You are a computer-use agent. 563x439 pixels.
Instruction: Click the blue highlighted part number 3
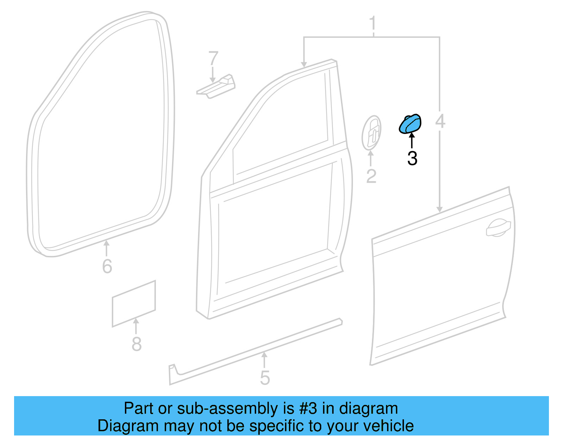pyautogui.click(x=410, y=124)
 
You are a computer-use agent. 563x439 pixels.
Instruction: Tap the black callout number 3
pyautogui.click(x=412, y=159)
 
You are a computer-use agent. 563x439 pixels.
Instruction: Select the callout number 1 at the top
pyautogui.click(x=373, y=24)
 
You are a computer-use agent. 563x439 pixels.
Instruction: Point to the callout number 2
pyautogui.click(x=371, y=176)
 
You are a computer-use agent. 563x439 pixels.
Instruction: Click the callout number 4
pyautogui.click(x=440, y=121)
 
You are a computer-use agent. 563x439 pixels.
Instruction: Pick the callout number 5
pyautogui.click(x=265, y=378)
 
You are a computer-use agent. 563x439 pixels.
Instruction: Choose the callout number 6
pyautogui.click(x=107, y=266)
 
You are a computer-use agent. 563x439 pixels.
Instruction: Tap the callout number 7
pyautogui.click(x=213, y=58)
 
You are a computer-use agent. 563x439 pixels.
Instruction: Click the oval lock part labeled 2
pyautogui.click(x=372, y=133)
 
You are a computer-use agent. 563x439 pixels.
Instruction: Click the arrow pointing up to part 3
pyautogui.click(x=411, y=140)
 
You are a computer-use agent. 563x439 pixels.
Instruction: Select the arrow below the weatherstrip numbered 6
pyautogui.click(x=106, y=248)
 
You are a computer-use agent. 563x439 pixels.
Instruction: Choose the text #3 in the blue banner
pyautogui.click(x=308, y=409)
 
